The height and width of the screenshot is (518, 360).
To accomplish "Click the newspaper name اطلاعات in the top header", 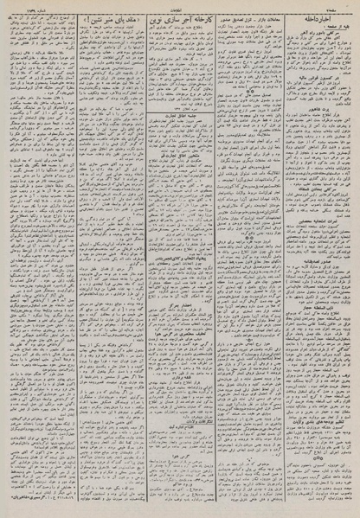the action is (180, 7).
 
